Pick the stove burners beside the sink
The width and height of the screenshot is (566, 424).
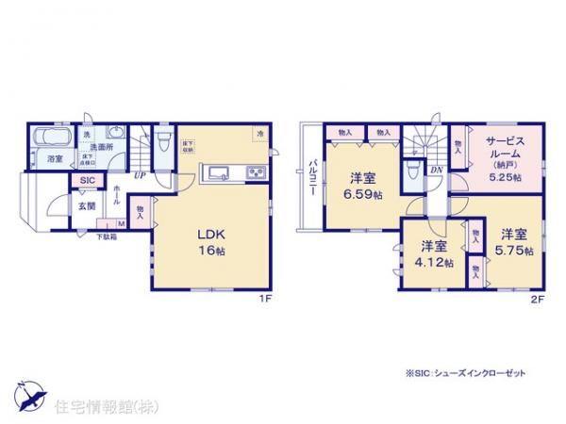click(x=256, y=172)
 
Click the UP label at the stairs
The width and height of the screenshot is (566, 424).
click(x=140, y=175)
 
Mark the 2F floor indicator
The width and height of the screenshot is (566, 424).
click(x=537, y=298)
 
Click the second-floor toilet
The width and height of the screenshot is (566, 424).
click(x=411, y=172)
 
